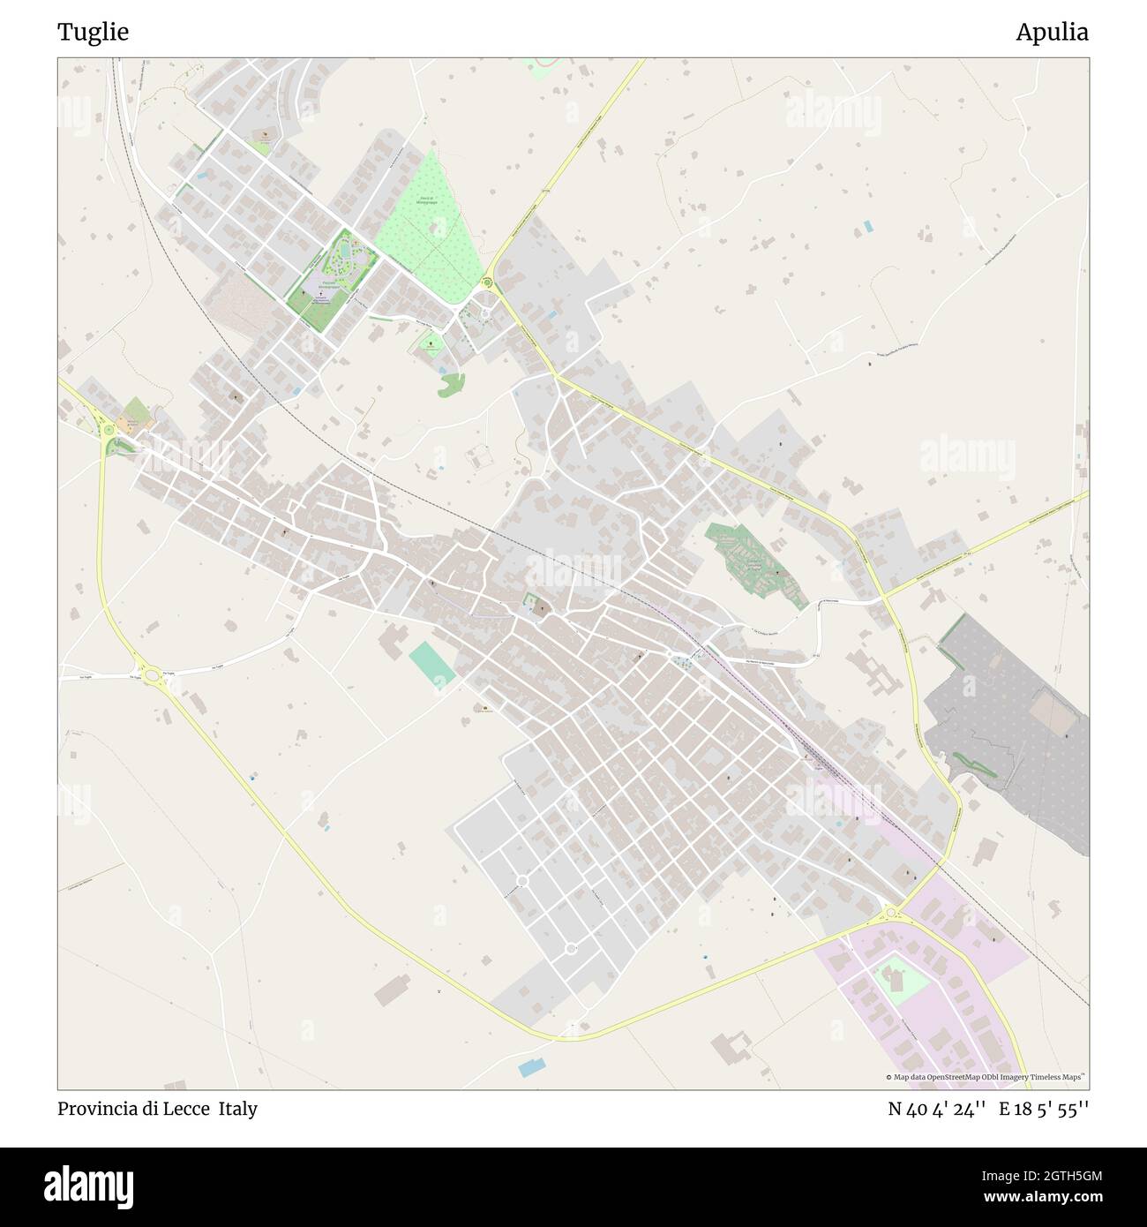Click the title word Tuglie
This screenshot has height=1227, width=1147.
(x=93, y=33)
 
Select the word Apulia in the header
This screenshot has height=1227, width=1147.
(x=1051, y=33)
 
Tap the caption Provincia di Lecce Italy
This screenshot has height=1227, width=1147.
(x=157, y=1109)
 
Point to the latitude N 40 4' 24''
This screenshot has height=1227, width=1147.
(x=936, y=1110)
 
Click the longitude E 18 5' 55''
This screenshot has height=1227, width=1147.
(x=1044, y=1110)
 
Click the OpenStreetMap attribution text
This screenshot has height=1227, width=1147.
(x=986, y=1077)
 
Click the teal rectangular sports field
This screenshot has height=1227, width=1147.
(x=432, y=665)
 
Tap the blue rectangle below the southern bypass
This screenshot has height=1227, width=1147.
(x=532, y=1067)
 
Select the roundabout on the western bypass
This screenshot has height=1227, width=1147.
(x=152, y=676)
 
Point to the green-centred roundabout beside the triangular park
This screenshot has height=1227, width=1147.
(x=487, y=282)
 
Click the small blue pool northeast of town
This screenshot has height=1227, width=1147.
(x=869, y=226)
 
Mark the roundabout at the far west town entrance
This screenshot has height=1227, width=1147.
(x=109, y=430)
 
